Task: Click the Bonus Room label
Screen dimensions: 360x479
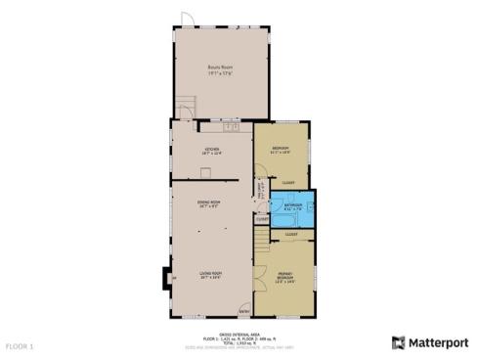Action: (x=212, y=69)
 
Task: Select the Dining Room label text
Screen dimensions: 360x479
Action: (x=209, y=204)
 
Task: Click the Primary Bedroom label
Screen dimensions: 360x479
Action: (x=284, y=277)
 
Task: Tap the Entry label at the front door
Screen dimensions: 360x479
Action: (x=243, y=312)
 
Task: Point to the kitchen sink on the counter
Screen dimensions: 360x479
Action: (x=232, y=127)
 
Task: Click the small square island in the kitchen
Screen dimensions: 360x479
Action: (x=203, y=171)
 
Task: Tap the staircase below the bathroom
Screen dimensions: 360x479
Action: (x=260, y=239)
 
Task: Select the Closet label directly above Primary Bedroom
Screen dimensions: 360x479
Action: (x=291, y=235)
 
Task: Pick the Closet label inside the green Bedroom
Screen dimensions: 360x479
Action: (x=288, y=183)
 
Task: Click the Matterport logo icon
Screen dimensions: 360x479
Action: (x=399, y=343)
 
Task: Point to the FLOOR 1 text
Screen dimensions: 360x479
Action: (x=20, y=346)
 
